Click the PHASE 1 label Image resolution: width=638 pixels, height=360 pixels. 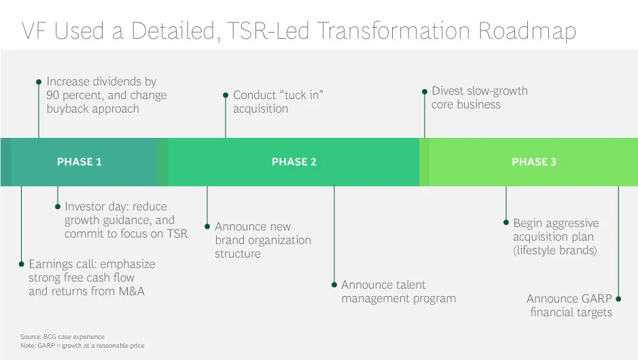(79, 162)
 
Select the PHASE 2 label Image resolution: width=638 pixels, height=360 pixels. (294, 162)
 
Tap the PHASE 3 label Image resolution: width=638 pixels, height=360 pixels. (534, 162)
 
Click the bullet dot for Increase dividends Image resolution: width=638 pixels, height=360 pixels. (38, 82)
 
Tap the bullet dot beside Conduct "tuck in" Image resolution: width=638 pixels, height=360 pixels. (226, 95)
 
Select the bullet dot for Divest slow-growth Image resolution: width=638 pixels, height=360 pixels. (425, 91)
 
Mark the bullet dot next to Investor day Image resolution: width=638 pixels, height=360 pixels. (56, 206)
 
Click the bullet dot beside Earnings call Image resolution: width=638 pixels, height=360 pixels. (21, 264)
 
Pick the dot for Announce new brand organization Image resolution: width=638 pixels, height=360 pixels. (207, 226)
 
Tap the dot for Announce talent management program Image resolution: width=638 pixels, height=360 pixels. (334, 285)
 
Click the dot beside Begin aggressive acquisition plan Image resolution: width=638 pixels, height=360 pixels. (506, 223)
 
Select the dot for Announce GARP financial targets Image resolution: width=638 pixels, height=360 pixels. (618, 298)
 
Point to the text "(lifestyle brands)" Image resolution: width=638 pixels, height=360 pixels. (555, 251)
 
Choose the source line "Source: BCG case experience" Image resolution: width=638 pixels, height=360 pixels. (63, 336)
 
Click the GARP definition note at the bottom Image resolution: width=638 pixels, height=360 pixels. (82, 346)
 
